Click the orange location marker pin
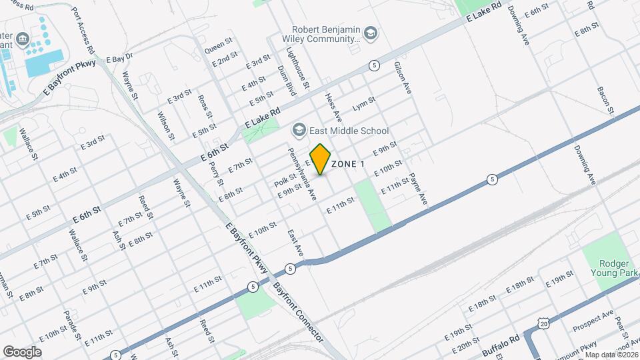(321, 159)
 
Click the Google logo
(22, 351)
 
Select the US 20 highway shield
(544, 322)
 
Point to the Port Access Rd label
(84, 31)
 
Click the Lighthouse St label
(298, 69)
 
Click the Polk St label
(285, 180)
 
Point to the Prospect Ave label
(593, 321)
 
